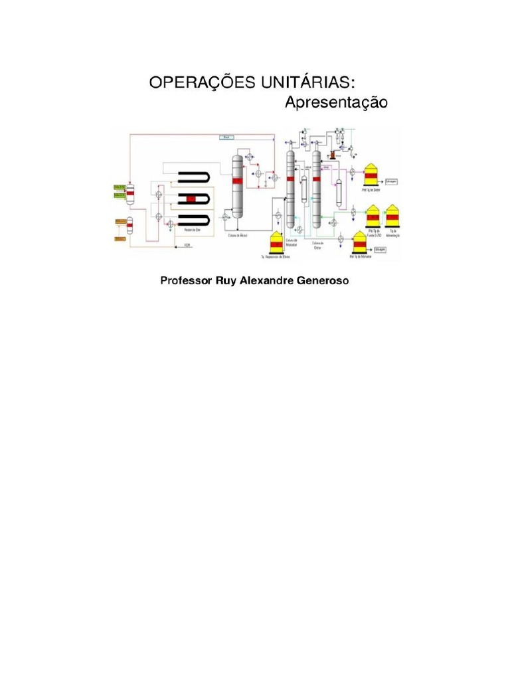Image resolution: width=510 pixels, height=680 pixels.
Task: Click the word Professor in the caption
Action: click(x=184, y=281)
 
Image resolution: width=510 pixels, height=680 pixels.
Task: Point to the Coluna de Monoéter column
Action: click(x=290, y=189)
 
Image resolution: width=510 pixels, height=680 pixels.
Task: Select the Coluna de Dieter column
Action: click(x=316, y=189)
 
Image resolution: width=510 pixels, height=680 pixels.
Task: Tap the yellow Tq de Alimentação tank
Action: click(x=392, y=215)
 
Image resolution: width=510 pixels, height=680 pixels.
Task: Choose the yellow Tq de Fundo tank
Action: click(x=374, y=215)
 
